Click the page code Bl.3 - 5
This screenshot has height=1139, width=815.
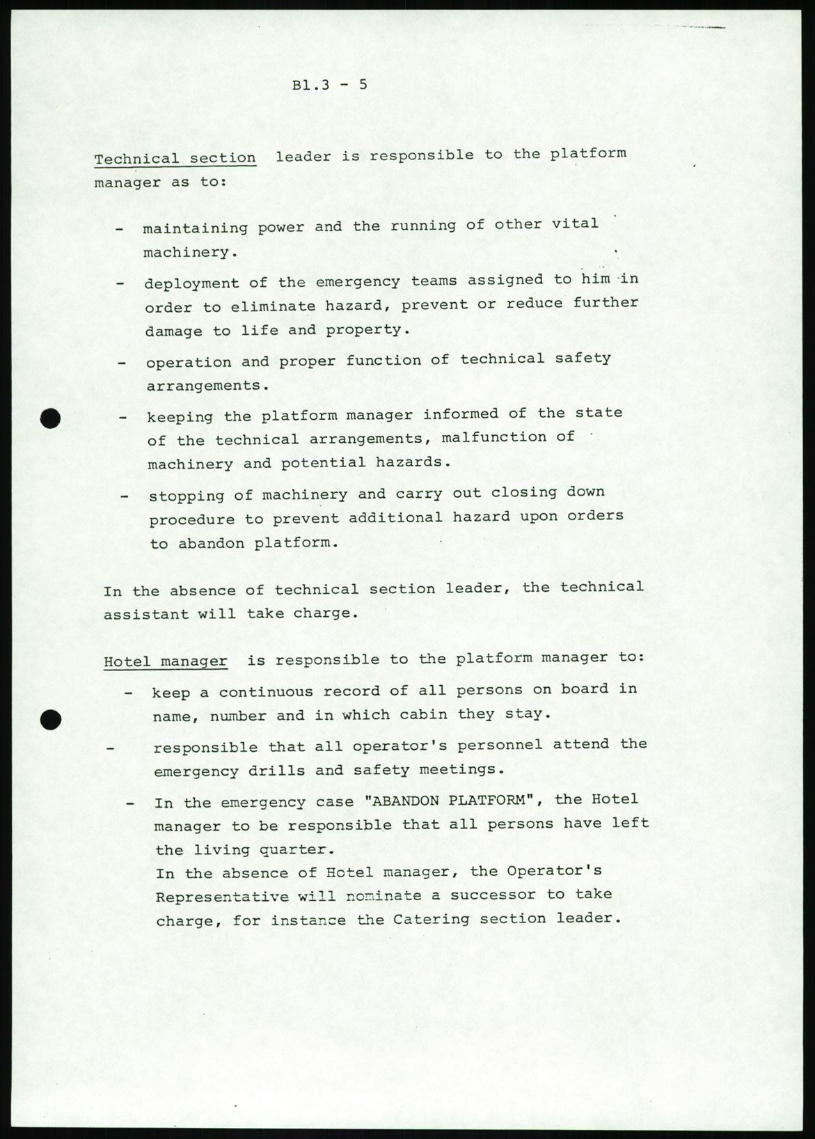coord(329,86)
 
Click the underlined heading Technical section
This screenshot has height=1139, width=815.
coord(175,158)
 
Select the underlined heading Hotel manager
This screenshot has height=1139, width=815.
coord(166,661)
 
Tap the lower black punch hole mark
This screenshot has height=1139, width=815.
coord(50,721)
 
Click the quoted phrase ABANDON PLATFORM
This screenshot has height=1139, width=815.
coord(453,800)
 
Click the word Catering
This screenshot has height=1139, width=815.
coord(432,919)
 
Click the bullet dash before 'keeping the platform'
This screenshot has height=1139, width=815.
coord(122,417)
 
